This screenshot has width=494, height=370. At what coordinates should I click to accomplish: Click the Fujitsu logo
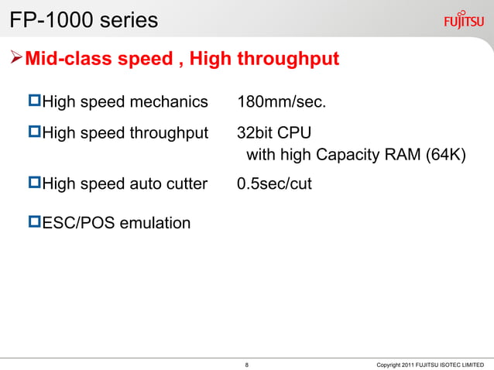(465, 19)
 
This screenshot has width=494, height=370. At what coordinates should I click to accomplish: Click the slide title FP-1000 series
(83, 20)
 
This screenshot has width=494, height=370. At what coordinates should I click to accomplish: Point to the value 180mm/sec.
(282, 102)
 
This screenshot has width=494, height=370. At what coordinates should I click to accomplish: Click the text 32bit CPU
(274, 131)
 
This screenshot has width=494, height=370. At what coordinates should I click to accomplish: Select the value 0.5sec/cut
(275, 183)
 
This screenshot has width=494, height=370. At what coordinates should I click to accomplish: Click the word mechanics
(171, 102)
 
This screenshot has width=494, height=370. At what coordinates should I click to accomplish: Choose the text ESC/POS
(76, 224)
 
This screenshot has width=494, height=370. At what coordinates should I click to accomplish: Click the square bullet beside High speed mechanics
(34, 101)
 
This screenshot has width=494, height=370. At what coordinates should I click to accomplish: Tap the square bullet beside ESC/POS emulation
(34, 223)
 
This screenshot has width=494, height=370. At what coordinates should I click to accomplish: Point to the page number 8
(246, 364)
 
